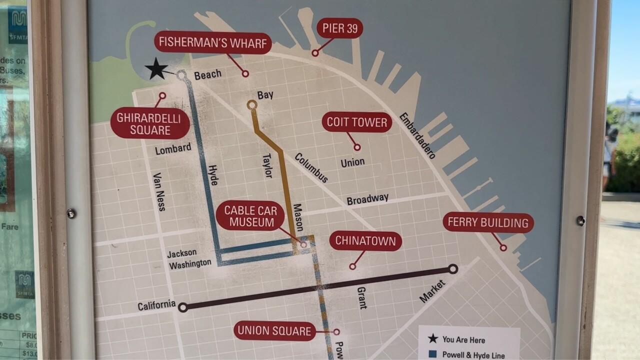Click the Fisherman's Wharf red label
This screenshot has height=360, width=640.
212,42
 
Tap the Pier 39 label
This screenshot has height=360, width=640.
339,28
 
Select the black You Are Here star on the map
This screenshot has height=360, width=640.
157,69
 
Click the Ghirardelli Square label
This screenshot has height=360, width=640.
150,123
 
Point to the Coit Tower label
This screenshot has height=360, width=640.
356,122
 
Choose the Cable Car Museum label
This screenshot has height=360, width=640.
250,216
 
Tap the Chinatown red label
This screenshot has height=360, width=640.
365,241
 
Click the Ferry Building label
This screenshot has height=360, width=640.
488,222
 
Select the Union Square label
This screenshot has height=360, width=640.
274,330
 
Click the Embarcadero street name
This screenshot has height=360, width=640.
417,135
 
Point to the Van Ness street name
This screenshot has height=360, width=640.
159,192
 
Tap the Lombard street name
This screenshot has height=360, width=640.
173,149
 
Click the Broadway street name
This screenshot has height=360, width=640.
367,199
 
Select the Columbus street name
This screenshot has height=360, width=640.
311,168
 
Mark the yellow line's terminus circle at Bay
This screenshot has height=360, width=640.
252,105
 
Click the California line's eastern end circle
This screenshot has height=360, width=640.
452,269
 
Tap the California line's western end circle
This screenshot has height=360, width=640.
183,307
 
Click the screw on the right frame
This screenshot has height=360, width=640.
580,220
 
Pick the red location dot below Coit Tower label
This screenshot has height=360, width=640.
357,147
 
